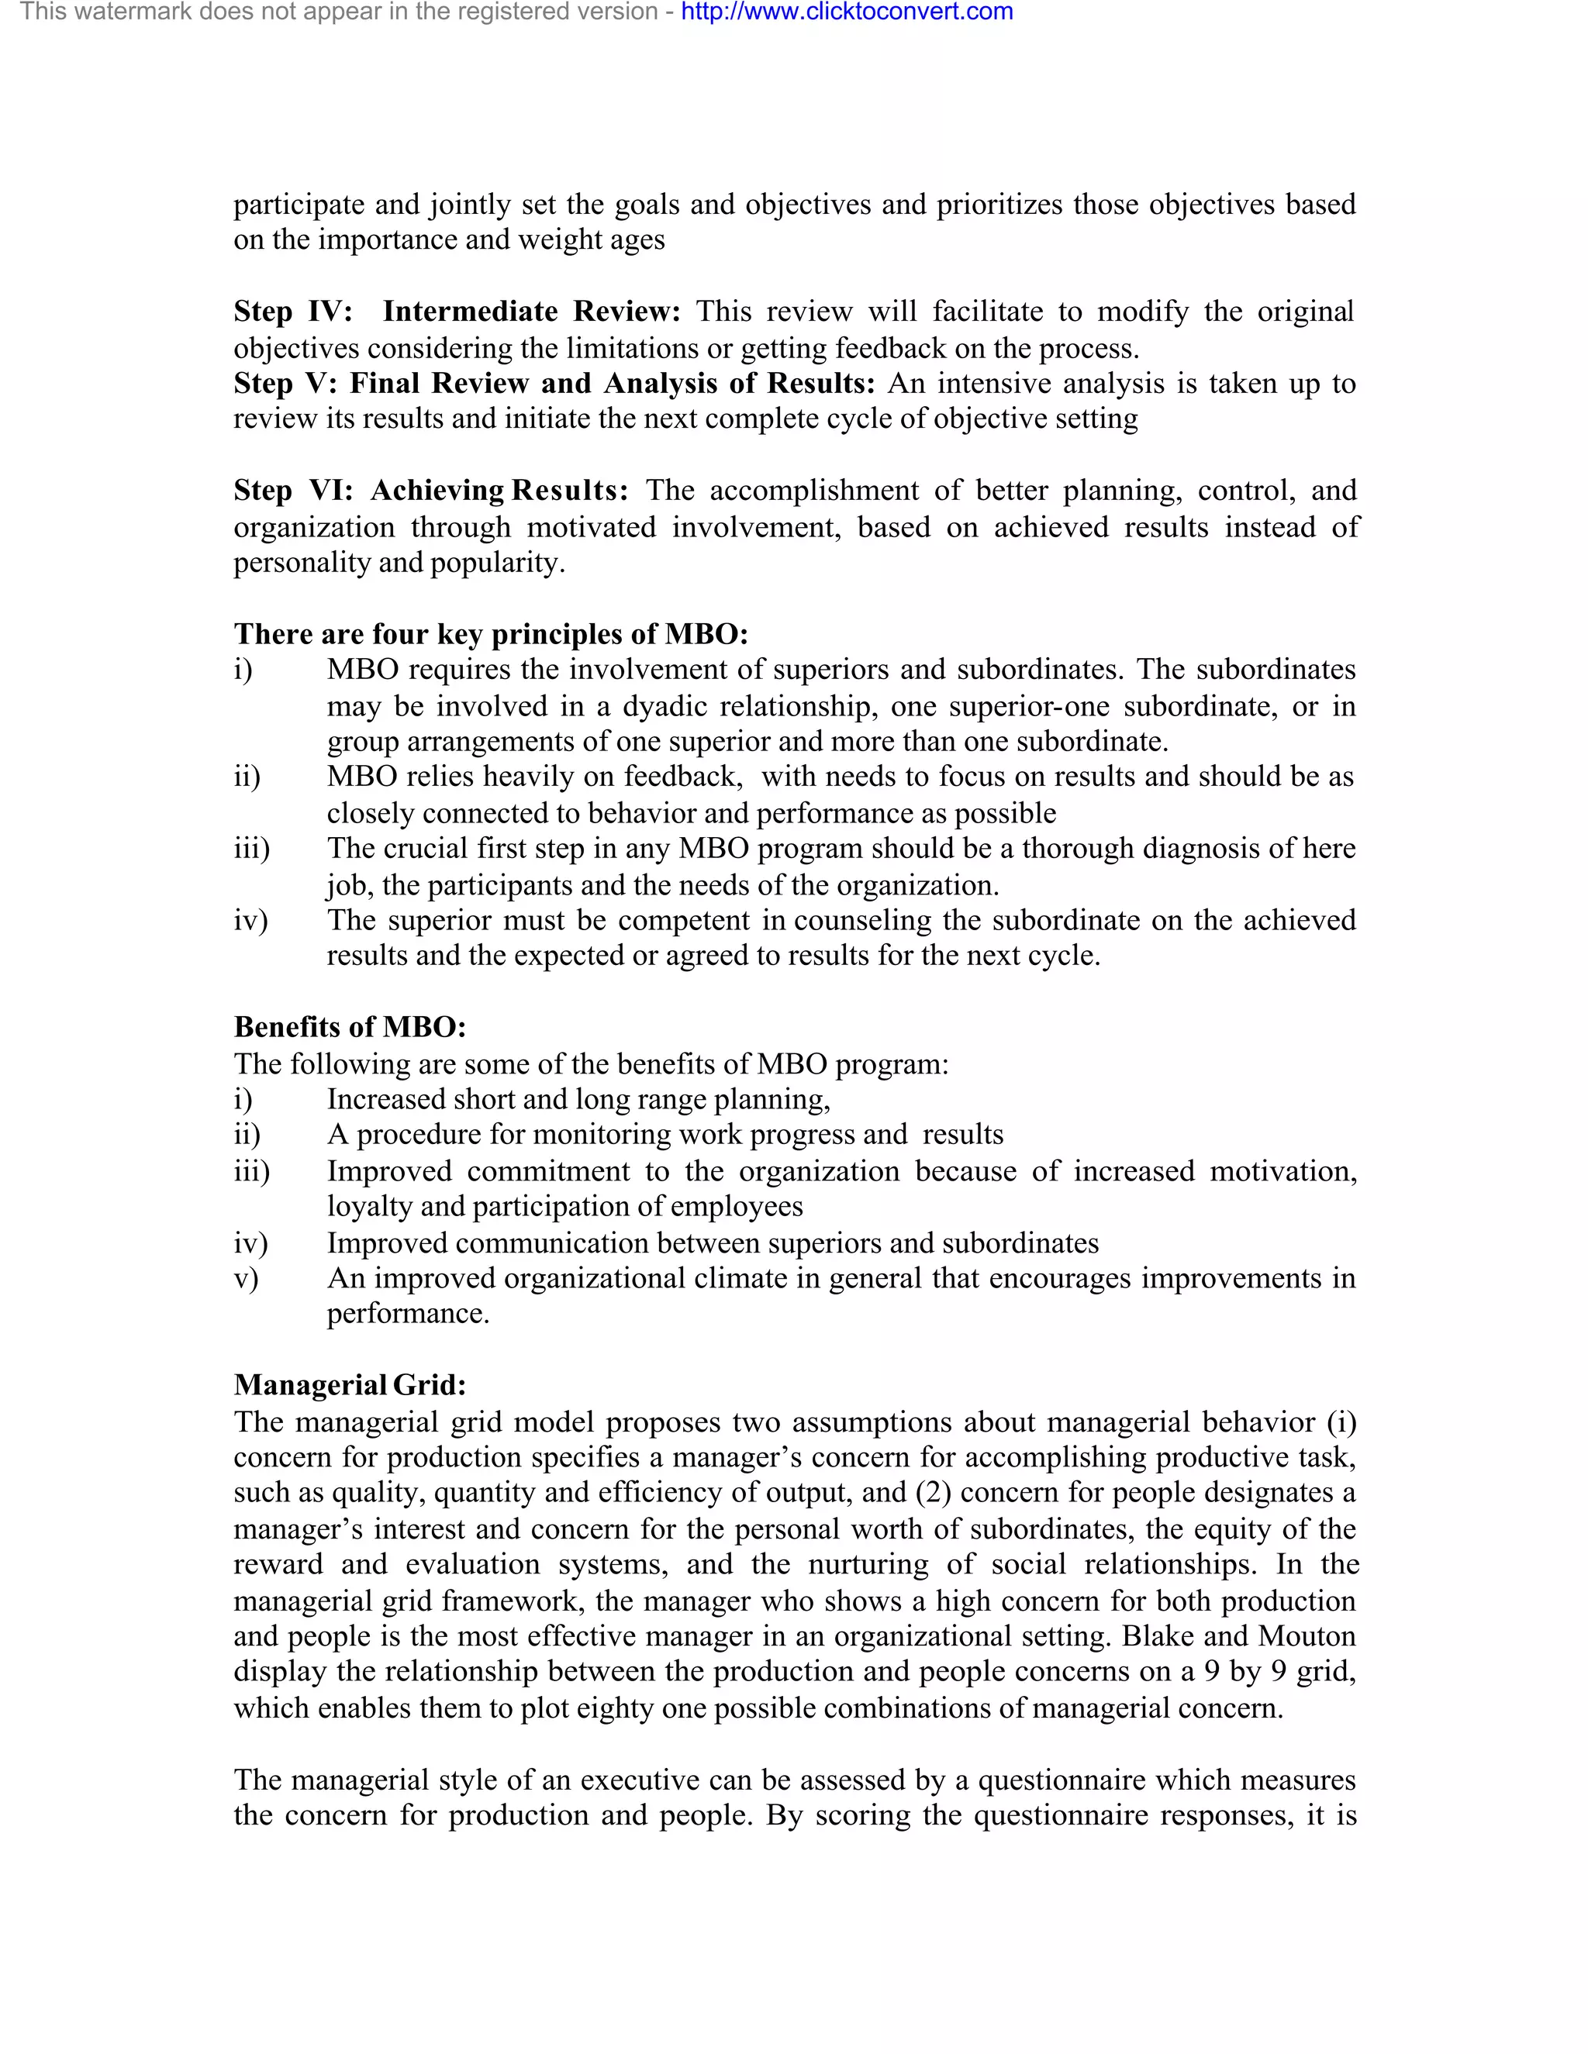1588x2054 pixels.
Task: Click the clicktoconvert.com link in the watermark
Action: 847,12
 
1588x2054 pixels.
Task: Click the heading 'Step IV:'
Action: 292,312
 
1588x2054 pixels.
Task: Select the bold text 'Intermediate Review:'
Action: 530,312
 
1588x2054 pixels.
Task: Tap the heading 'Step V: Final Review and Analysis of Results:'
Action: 554,384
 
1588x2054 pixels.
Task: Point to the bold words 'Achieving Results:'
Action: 499,491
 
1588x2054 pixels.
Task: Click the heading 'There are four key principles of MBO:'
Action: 490,634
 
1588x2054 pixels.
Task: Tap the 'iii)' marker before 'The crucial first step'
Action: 251,850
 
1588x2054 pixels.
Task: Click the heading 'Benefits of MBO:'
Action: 350,1027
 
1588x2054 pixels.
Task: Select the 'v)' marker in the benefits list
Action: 246,1279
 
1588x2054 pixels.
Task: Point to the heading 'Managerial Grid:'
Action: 350,1385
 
